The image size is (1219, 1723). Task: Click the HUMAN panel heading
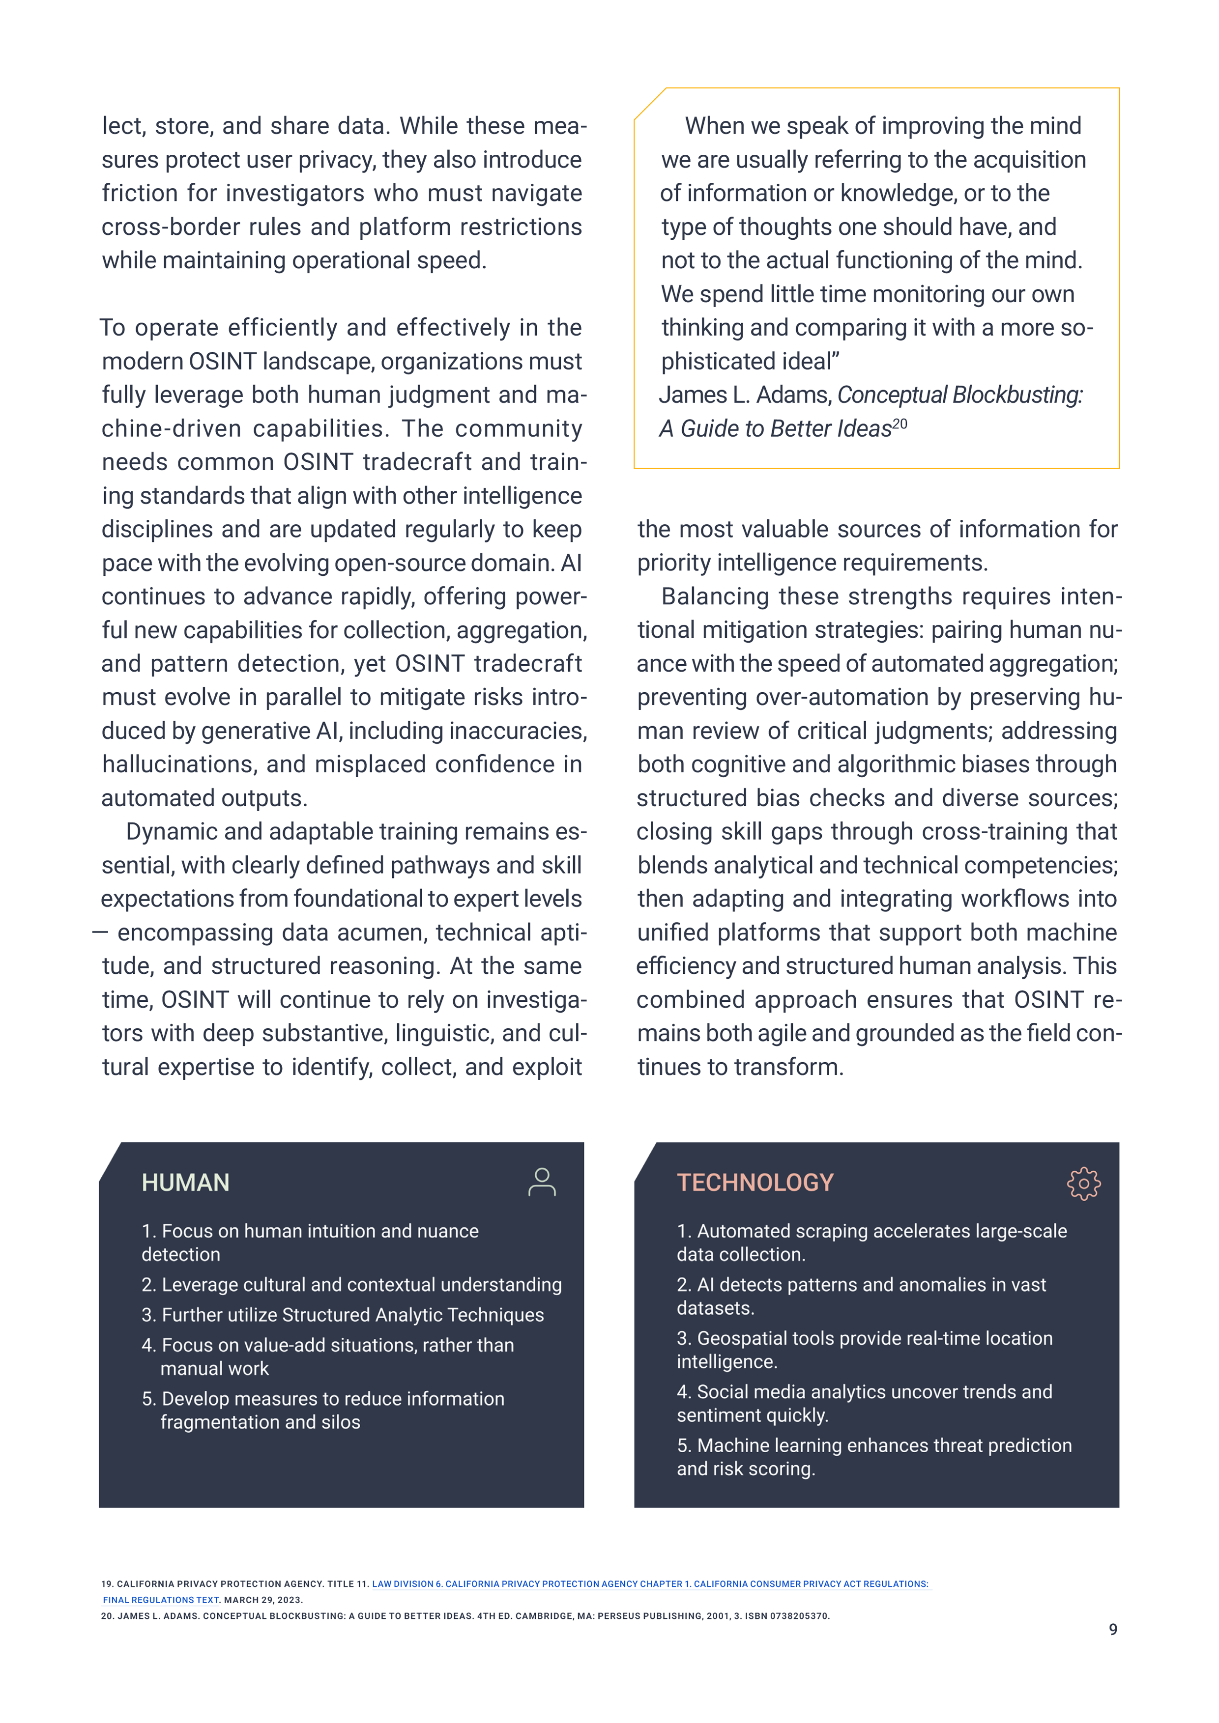pyautogui.click(x=185, y=1183)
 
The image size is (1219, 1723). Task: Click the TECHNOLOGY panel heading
pyautogui.click(x=755, y=1183)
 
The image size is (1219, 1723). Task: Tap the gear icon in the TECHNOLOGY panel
pyautogui.click(x=1083, y=1184)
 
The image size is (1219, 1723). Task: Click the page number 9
pyautogui.click(x=1112, y=1629)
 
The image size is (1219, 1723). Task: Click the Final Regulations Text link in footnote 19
pyautogui.click(x=161, y=1600)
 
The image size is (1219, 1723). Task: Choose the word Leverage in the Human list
pyautogui.click(x=196, y=1285)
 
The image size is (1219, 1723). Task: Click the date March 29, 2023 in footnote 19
pyautogui.click(x=262, y=1600)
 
